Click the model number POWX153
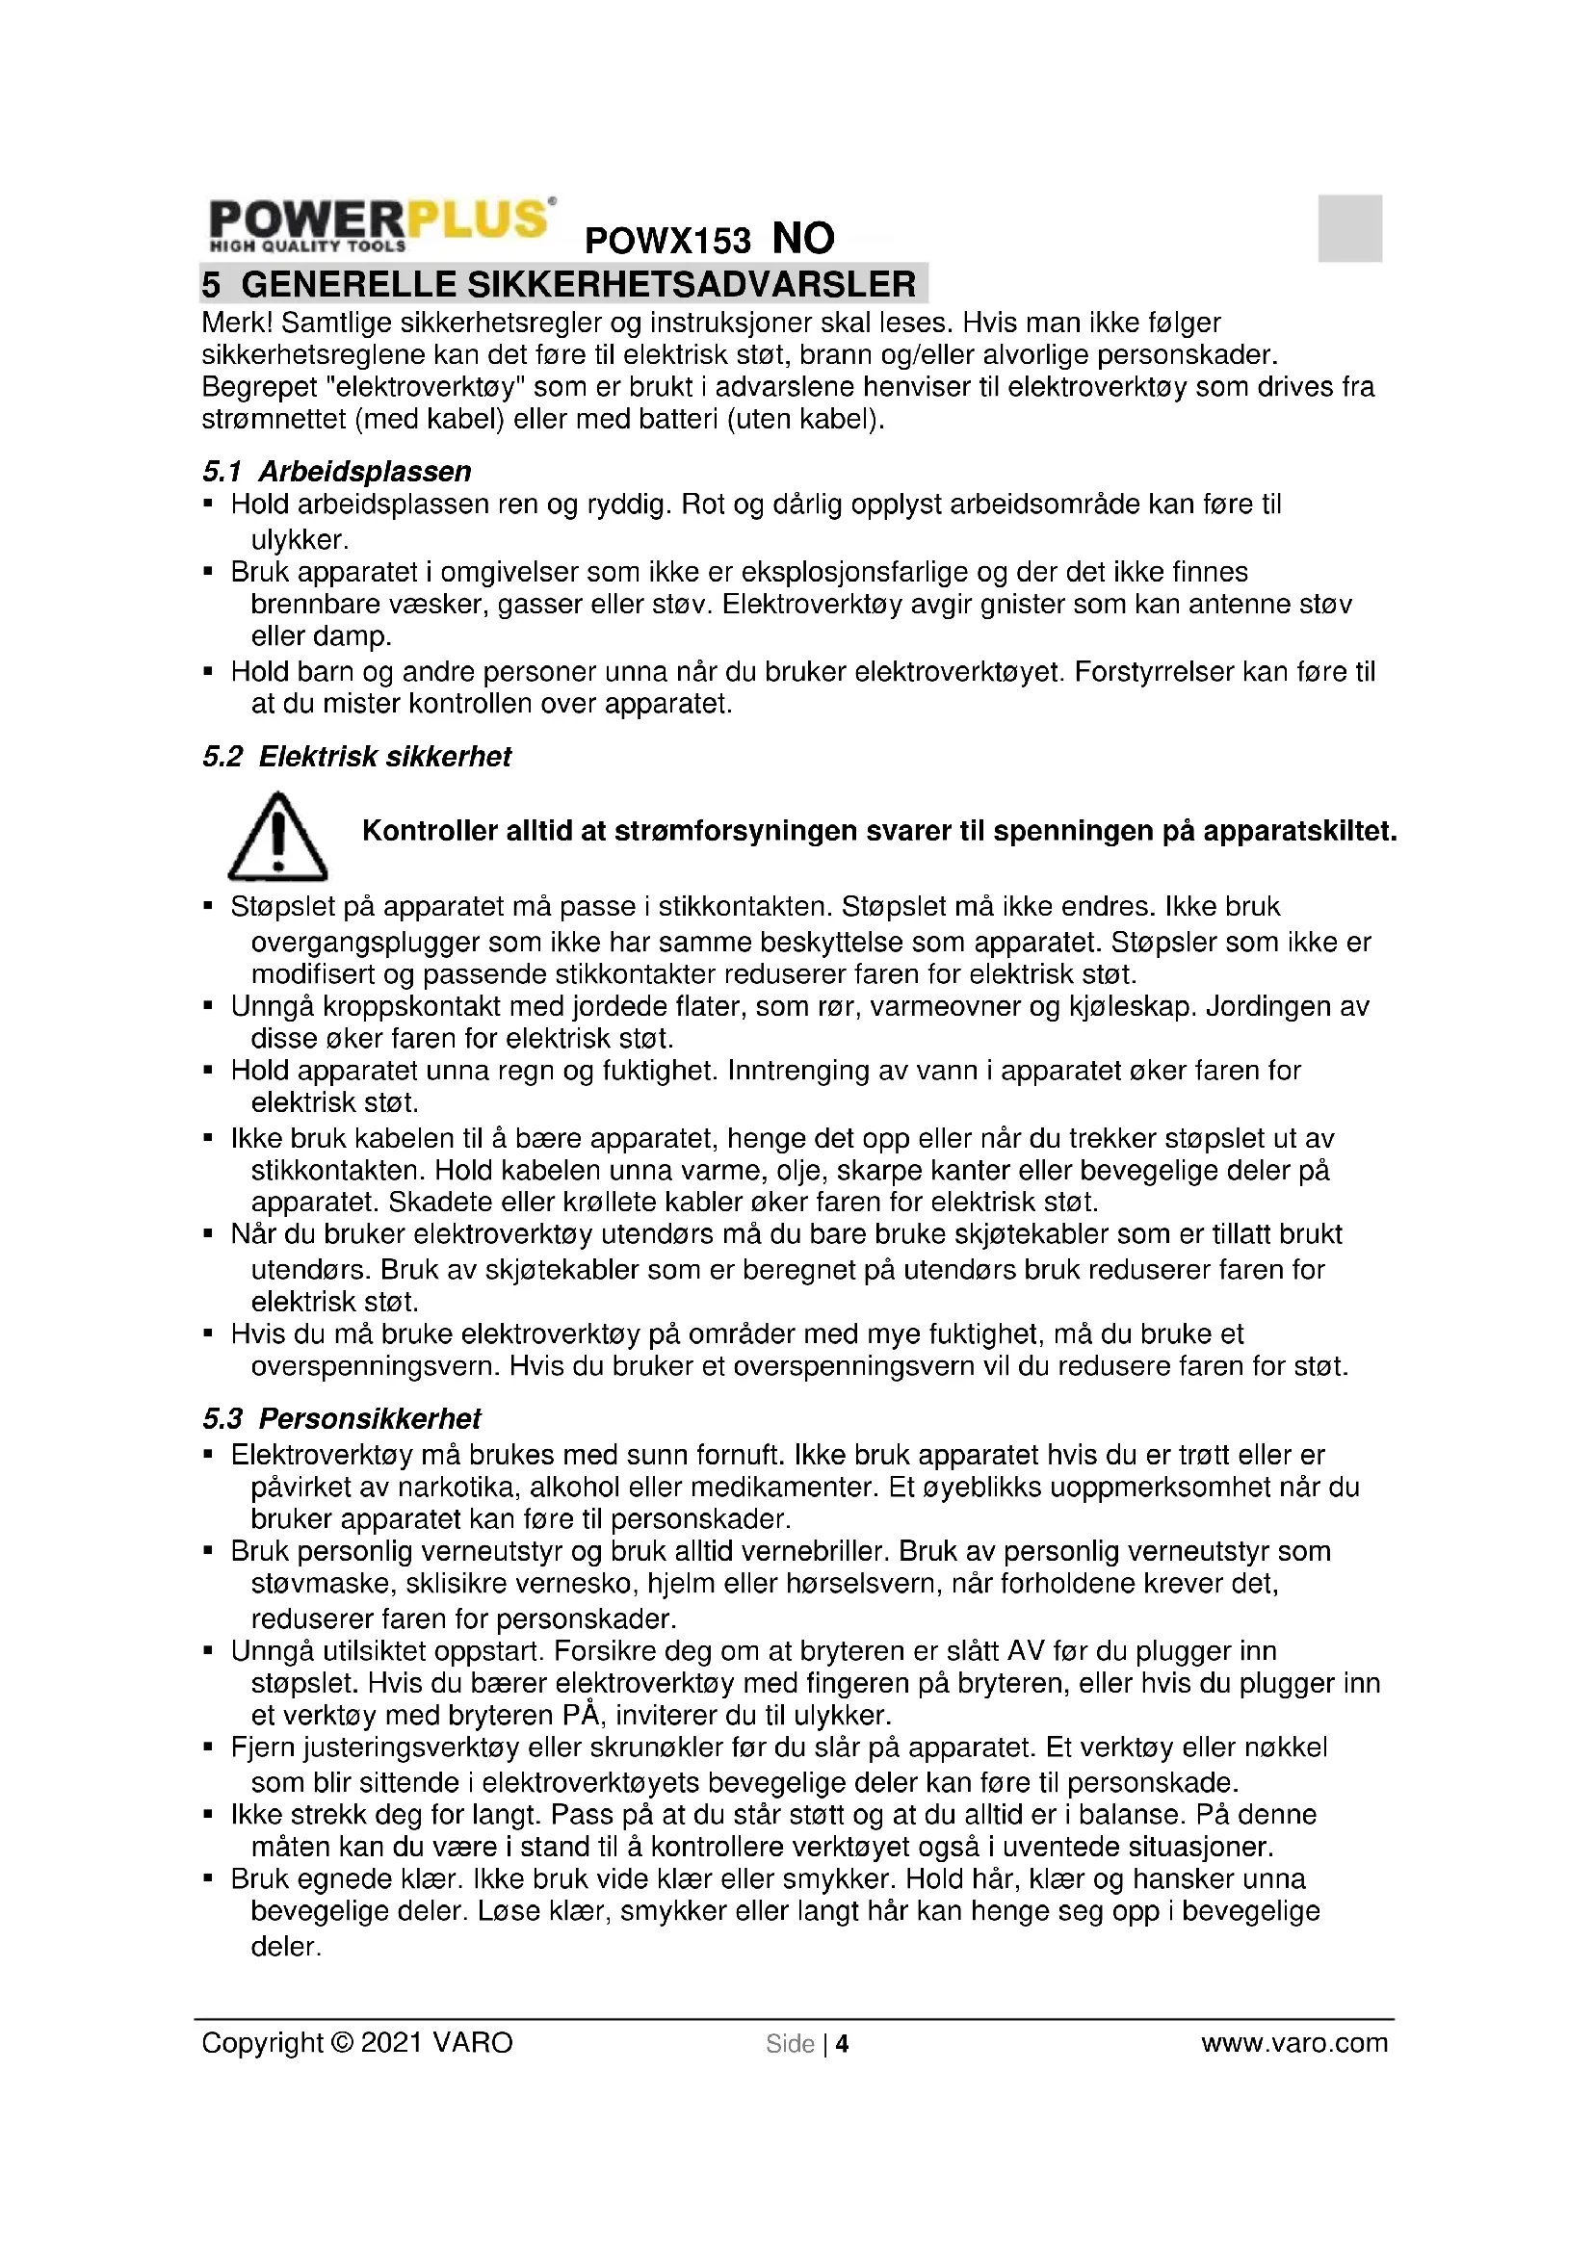[667, 241]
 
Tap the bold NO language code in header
[803, 239]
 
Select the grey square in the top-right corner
[1348, 228]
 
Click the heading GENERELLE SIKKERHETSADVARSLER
[578, 284]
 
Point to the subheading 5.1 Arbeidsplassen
[336, 472]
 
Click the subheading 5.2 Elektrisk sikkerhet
[357, 757]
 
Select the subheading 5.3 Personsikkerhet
[341, 1419]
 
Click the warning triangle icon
[277, 837]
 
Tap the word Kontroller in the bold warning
[427, 832]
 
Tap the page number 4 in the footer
[842, 2044]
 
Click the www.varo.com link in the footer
[1293, 2043]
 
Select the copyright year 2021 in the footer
[391, 2043]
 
